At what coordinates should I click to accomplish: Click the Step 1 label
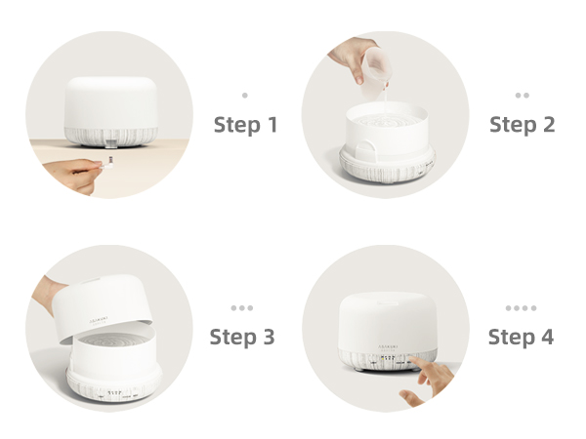click(x=245, y=125)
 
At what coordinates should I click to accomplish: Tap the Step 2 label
click(x=522, y=125)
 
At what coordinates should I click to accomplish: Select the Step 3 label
click(x=242, y=338)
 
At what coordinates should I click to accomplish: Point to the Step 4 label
click(x=521, y=338)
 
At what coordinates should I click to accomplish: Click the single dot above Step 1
click(x=244, y=96)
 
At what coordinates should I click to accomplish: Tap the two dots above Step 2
click(x=522, y=96)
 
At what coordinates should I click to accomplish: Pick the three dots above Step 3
click(x=241, y=308)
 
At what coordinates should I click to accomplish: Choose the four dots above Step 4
click(x=521, y=308)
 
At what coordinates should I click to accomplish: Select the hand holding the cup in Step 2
click(x=351, y=54)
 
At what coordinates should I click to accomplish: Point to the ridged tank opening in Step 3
click(x=110, y=344)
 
